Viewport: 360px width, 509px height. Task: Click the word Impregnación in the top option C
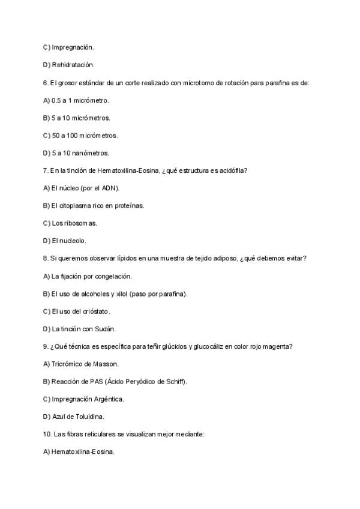(73, 46)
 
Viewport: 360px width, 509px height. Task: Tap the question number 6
(46, 83)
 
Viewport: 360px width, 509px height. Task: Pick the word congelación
(111, 276)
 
